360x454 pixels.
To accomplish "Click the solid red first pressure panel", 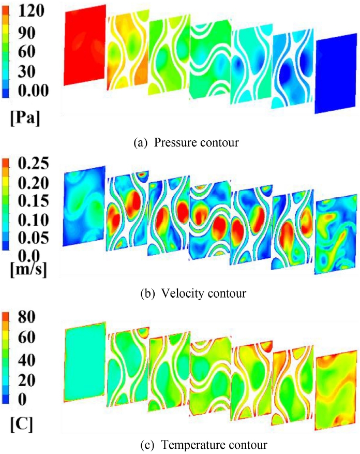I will pyautogui.click(x=85, y=45).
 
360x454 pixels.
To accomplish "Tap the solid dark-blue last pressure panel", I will pyautogui.click(x=335, y=75).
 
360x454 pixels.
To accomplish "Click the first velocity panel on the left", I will pyautogui.click(x=84, y=206).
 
